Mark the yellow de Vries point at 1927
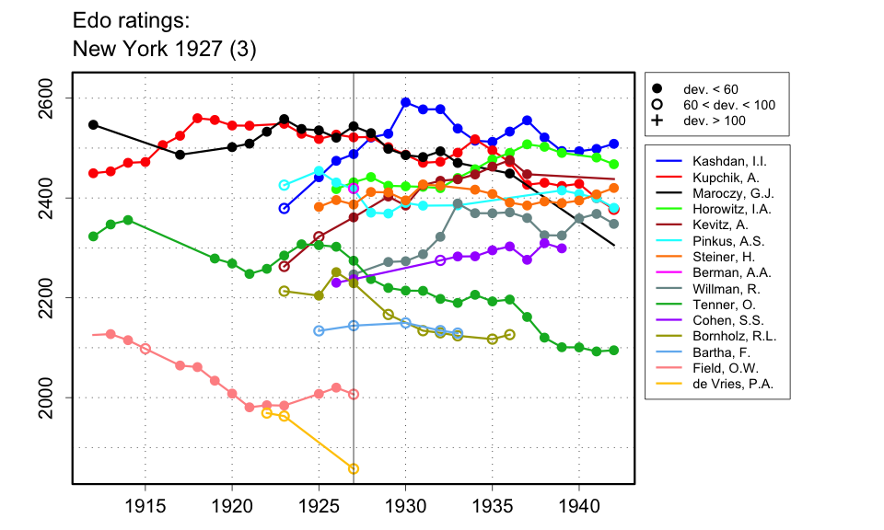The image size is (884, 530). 354,469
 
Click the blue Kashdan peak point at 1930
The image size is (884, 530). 406,102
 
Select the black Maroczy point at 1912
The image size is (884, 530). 93,124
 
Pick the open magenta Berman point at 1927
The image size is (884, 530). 354,188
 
